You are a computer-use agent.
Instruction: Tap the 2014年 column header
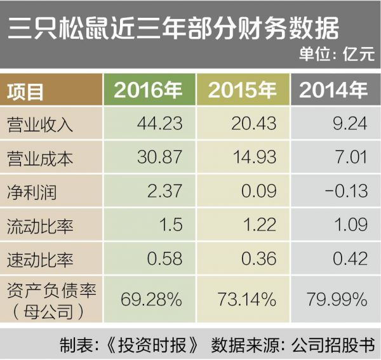333,91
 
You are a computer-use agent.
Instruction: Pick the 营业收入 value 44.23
159,123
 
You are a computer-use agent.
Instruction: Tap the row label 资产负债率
51,289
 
